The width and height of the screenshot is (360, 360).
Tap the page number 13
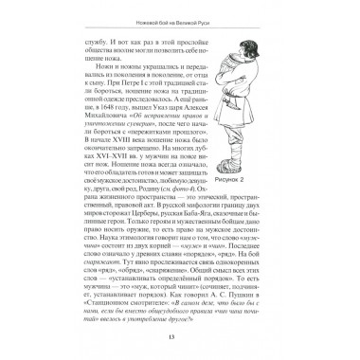coord(180,340)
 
